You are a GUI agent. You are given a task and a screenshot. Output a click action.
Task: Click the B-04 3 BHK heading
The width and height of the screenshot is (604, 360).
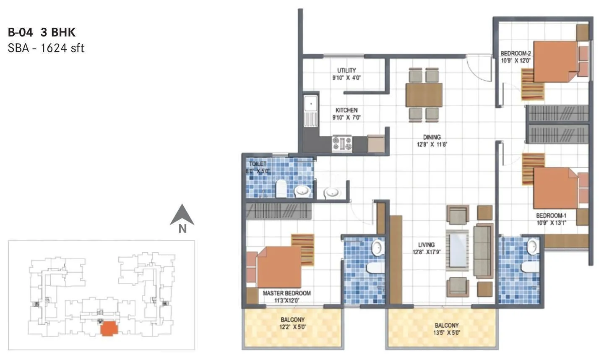coord(42,32)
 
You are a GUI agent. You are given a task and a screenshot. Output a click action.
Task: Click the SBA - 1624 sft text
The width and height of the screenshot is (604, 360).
coord(46,48)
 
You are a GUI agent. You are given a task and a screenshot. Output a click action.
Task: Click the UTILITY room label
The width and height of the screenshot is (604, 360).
coord(346,70)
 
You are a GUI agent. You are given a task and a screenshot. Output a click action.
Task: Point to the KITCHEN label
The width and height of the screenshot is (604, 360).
coord(346,110)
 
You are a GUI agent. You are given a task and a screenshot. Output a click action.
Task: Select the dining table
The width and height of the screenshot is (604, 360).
coord(424,95)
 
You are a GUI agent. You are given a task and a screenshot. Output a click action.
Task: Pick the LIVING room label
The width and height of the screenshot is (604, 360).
coord(426,245)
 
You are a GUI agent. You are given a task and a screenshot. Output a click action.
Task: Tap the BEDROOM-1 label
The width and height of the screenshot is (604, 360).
coord(551,216)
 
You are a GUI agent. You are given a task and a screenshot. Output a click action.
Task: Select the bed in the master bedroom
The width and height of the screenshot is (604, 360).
coord(279,267)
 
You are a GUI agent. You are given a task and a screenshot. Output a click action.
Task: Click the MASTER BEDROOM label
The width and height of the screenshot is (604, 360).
coord(286,293)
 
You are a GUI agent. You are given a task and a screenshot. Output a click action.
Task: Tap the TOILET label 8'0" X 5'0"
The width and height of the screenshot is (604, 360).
coord(258,164)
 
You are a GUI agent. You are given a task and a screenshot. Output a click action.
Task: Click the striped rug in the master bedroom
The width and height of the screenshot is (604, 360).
coord(302,250)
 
